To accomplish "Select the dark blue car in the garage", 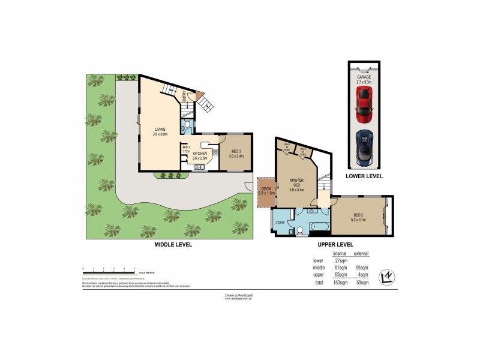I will [x=364, y=147].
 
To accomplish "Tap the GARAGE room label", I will [x=364, y=77].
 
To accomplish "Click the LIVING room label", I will [x=160, y=129].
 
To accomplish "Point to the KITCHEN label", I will [x=200, y=154].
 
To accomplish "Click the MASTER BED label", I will [x=297, y=181].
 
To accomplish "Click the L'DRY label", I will [x=280, y=223].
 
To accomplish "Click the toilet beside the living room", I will [x=188, y=125].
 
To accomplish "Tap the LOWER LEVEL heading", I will [x=364, y=176].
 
